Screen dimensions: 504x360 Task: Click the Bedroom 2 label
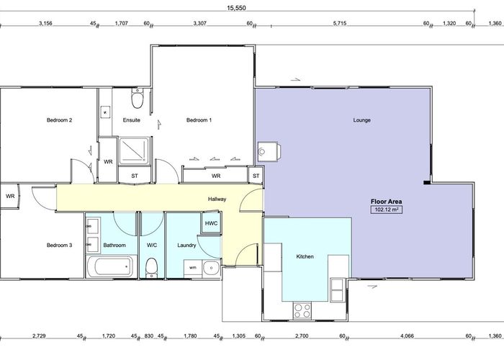pos(59,120)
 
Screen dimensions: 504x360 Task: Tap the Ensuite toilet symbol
pos(138,99)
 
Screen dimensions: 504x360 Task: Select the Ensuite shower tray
pos(134,150)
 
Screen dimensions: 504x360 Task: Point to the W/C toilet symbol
pos(151,268)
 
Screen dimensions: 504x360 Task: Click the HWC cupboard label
pos(211,223)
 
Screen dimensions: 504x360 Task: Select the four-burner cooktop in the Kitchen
pos(302,310)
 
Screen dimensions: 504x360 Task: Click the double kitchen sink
pos(337,290)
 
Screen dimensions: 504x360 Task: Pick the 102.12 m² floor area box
pos(387,210)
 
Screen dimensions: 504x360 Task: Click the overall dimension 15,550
pos(236,8)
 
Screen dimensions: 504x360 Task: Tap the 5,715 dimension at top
pos(340,24)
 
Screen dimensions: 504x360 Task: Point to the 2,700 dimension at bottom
pos(302,336)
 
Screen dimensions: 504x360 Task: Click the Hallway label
pos(217,199)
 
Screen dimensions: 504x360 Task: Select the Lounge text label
pos(362,120)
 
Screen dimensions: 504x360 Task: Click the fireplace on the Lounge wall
pos(269,152)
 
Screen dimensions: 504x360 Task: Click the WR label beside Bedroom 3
pos(10,196)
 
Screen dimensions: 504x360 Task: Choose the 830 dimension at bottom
pos(149,336)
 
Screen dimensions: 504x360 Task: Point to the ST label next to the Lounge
pos(256,176)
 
